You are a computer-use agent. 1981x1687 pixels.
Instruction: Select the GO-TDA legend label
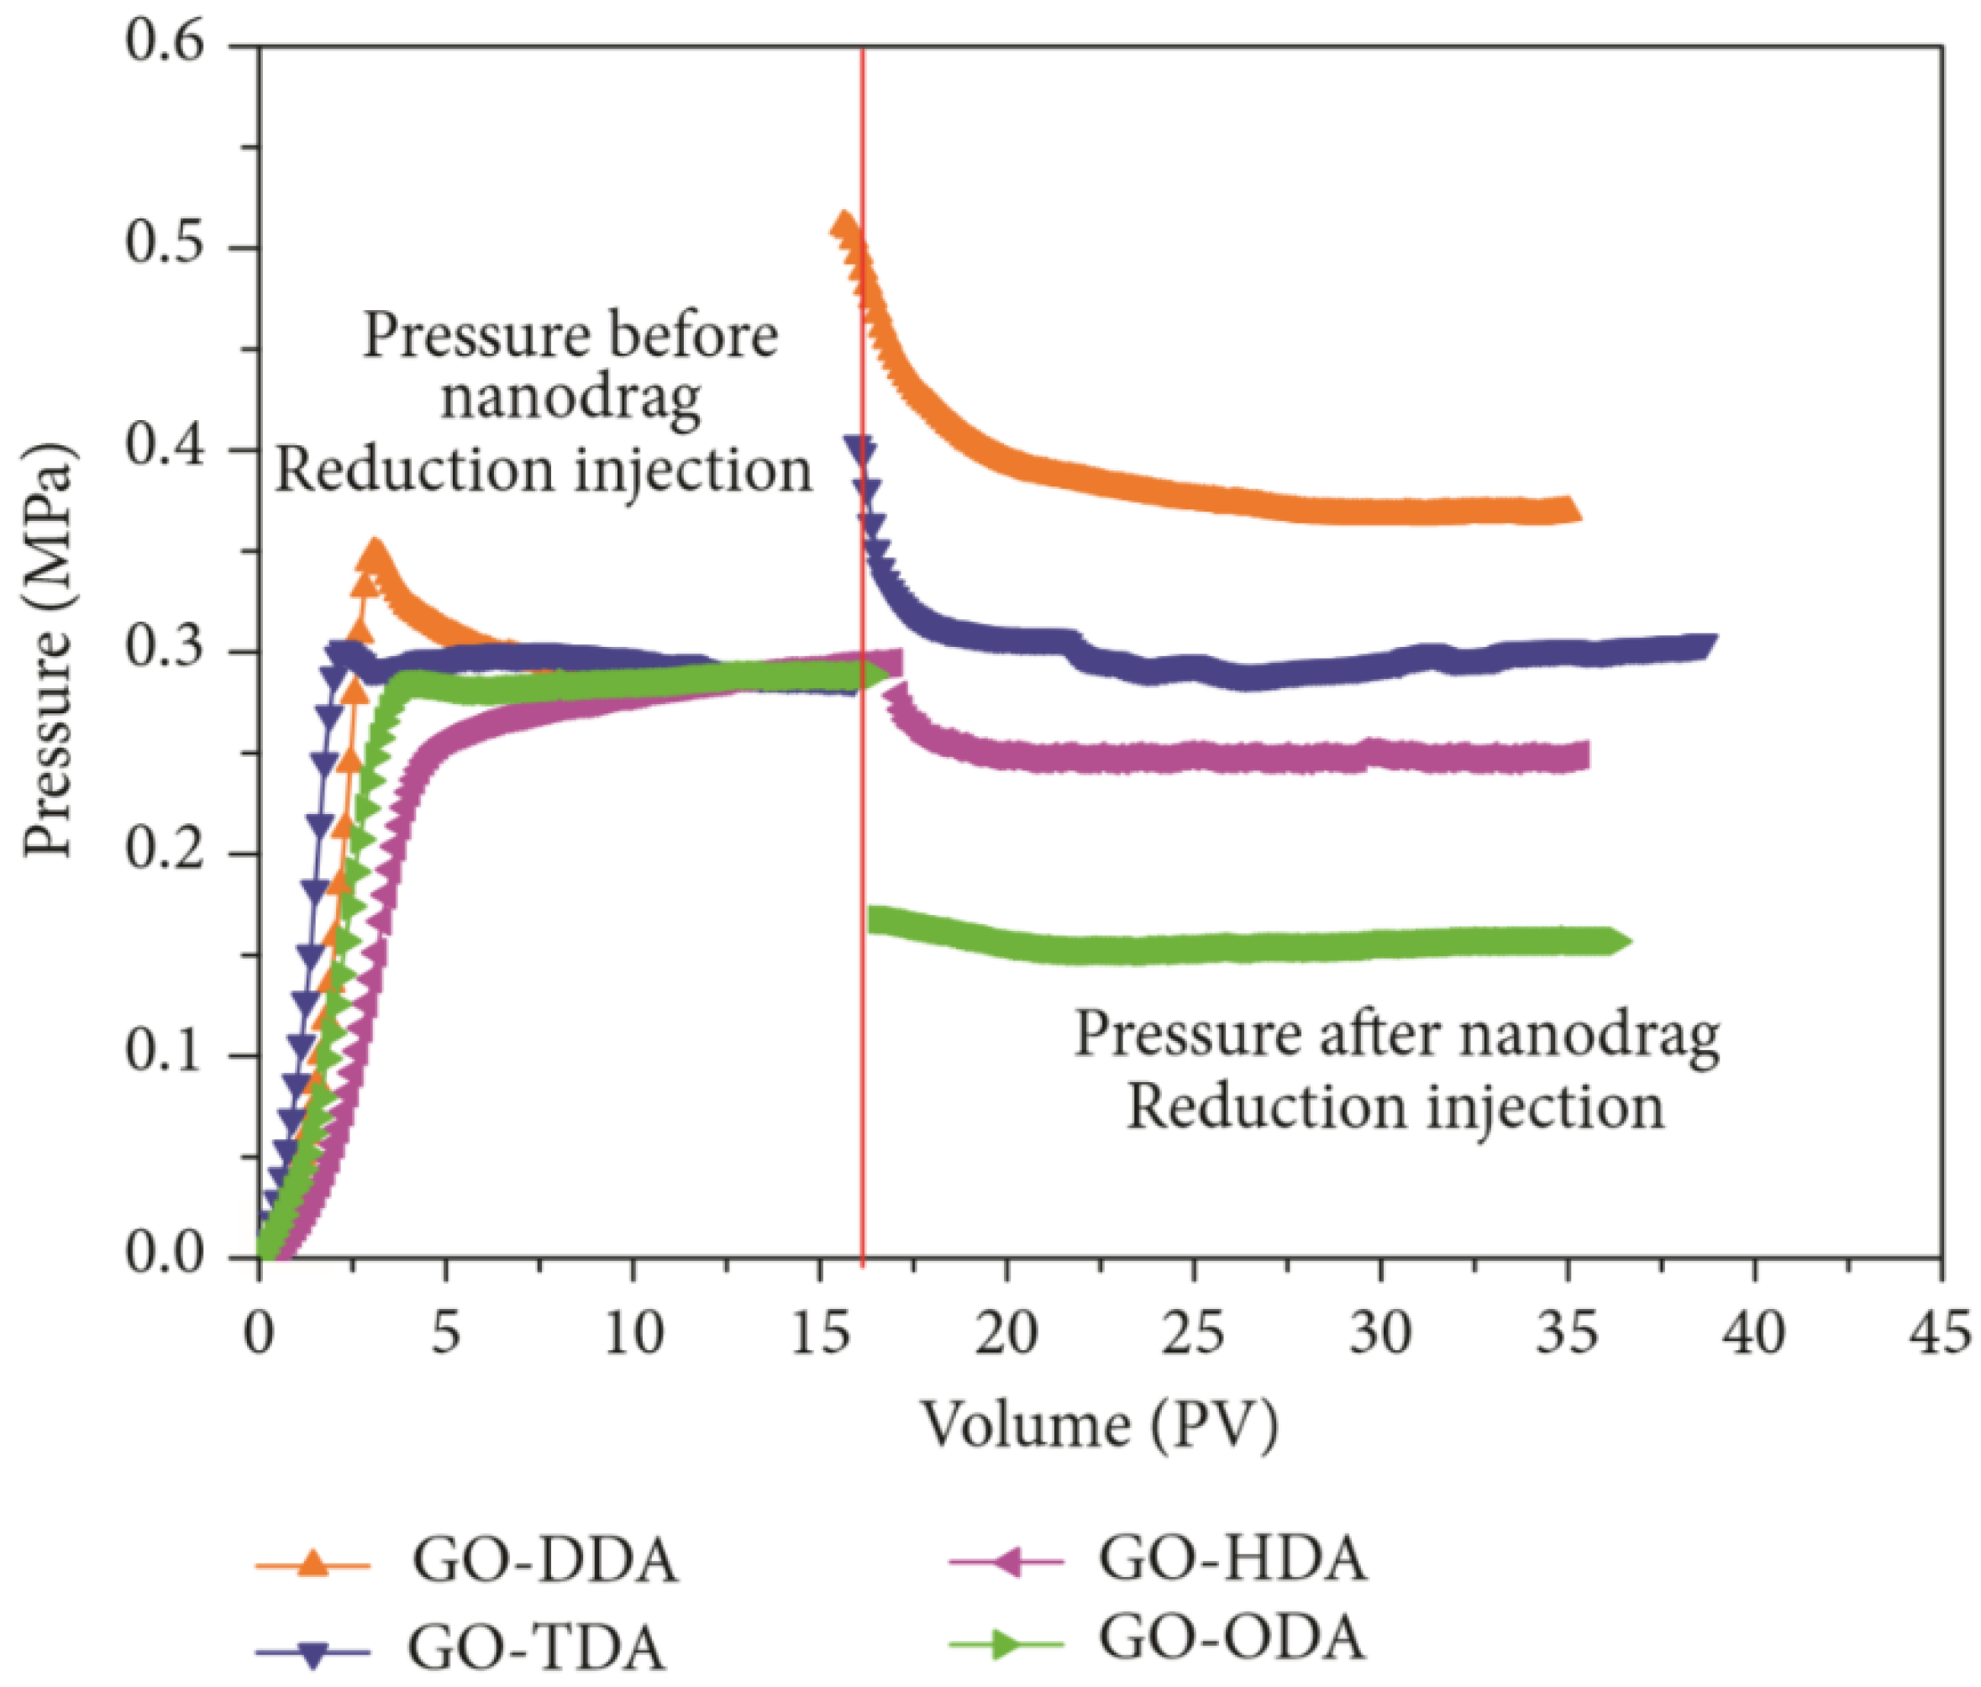(x=535, y=1646)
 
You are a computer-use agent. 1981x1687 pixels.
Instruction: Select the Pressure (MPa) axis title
(x=48, y=650)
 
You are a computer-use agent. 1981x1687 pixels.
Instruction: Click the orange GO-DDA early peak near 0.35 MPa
(x=374, y=552)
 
